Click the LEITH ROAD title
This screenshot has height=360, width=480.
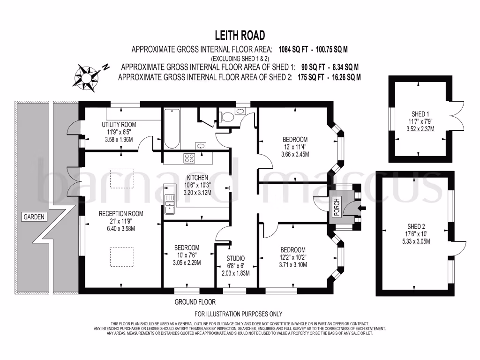[240, 35]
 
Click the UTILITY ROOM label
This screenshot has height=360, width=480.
[119, 125]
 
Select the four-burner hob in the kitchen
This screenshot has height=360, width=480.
[190, 158]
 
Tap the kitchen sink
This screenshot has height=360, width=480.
[170, 205]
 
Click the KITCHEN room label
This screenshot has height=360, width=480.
[197, 178]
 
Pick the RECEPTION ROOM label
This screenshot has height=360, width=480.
[121, 214]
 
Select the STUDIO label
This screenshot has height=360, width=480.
[235, 258]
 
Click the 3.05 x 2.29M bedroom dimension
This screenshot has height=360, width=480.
[187, 263]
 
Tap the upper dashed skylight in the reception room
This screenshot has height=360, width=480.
[121, 177]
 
